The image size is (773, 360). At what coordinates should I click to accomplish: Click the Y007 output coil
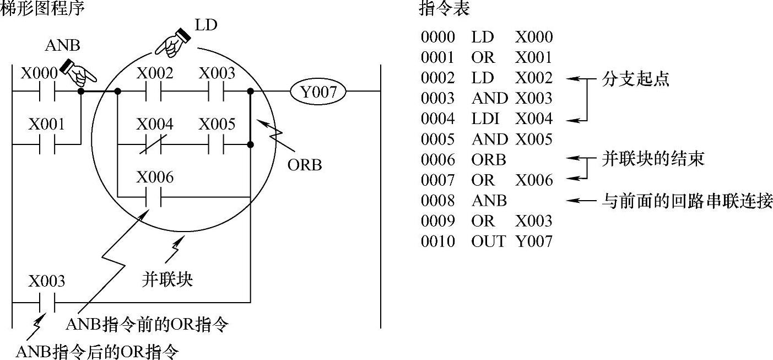point(318,92)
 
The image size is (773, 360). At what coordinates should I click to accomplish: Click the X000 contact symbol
point(47,92)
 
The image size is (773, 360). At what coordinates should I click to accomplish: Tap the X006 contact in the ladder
point(154,197)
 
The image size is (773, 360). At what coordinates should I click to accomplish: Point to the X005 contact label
point(217,124)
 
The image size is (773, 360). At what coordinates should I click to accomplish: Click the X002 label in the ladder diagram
point(154,73)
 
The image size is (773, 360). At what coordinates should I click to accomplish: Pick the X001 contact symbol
point(47,145)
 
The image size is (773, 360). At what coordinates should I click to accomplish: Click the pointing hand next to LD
point(172,41)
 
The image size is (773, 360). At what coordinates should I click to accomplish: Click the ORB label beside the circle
point(305,165)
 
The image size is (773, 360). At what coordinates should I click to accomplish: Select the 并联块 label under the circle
point(167,280)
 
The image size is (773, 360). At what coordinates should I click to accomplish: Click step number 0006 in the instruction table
point(438,160)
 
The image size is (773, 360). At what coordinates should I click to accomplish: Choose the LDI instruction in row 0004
point(483,119)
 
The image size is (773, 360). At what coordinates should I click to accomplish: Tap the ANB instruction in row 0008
point(489,201)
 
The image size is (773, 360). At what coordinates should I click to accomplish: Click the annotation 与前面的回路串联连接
point(686,201)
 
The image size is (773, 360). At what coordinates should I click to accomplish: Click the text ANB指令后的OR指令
point(98,351)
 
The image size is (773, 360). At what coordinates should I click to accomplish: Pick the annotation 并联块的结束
point(652,160)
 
